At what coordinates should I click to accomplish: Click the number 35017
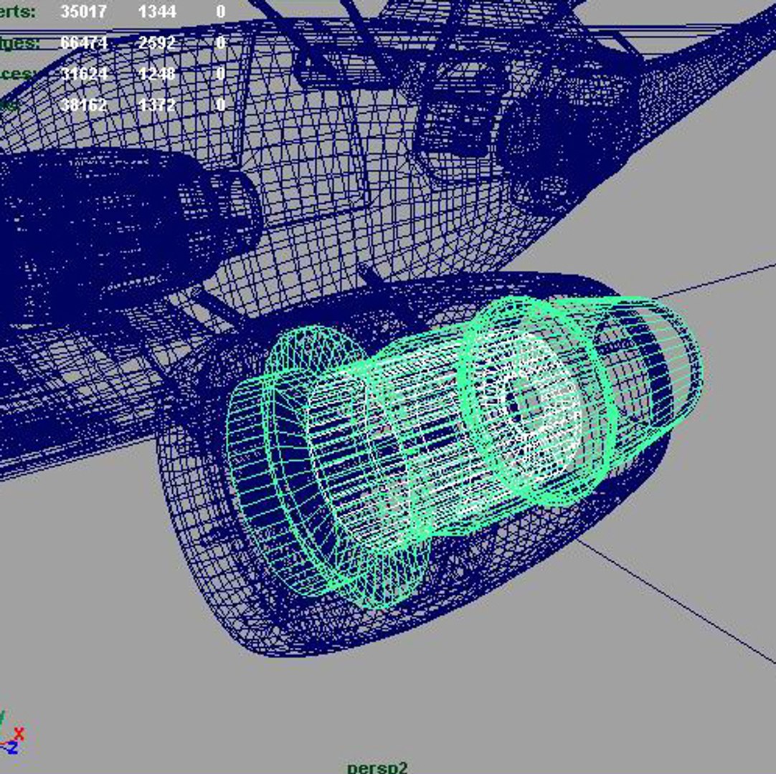pyautogui.click(x=84, y=11)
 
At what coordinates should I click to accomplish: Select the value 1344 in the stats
pyautogui.click(x=157, y=11)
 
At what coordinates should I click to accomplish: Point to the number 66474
pyautogui.click(x=84, y=42)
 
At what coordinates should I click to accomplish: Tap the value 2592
pyautogui.click(x=157, y=42)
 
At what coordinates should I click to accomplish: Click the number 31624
pyautogui.click(x=84, y=74)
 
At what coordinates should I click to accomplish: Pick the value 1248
pyautogui.click(x=157, y=74)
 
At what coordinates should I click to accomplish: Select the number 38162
pyautogui.click(x=84, y=105)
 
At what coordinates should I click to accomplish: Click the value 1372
pyautogui.click(x=157, y=105)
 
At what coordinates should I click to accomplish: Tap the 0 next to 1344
pyautogui.click(x=220, y=11)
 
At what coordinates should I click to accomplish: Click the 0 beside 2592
pyautogui.click(x=220, y=42)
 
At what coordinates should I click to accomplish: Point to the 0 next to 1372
pyautogui.click(x=220, y=105)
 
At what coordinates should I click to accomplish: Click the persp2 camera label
pyautogui.click(x=377, y=767)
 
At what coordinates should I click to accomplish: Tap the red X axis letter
pyautogui.click(x=19, y=733)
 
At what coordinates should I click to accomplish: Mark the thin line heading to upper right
pyautogui.click(x=717, y=279)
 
